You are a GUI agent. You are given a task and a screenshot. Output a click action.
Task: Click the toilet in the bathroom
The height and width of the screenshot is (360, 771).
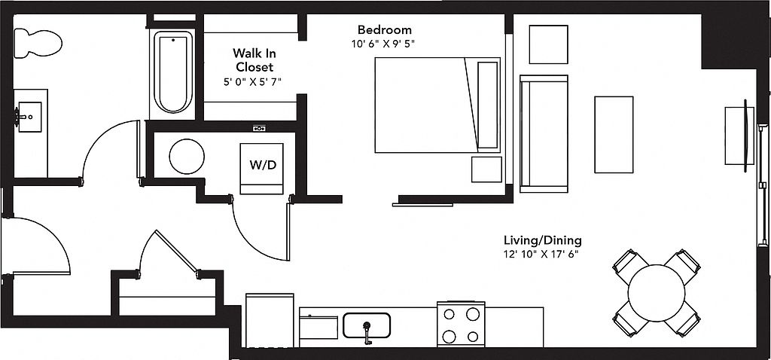click(x=38, y=43)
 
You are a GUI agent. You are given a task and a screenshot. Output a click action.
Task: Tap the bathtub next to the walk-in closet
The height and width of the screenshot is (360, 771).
click(x=173, y=72)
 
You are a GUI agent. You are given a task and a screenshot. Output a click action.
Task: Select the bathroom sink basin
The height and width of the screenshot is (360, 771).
click(x=30, y=117)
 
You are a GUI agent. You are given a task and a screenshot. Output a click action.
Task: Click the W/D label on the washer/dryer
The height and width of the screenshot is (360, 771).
click(x=263, y=165)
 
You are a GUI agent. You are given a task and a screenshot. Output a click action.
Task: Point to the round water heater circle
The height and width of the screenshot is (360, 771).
click(x=187, y=157)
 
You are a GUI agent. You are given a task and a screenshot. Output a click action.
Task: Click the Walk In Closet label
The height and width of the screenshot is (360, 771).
click(x=253, y=59)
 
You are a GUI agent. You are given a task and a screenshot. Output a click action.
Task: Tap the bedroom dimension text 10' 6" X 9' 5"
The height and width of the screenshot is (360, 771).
click(x=383, y=43)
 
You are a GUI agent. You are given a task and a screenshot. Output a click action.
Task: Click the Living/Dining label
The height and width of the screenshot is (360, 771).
click(x=542, y=240)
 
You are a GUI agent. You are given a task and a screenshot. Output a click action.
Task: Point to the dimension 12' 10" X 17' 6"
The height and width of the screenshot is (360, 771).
click(x=542, y=255)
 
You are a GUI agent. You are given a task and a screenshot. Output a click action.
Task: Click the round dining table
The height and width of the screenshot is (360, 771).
click(x=657, y=293)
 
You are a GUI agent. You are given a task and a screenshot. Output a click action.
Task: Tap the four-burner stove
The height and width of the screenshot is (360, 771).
click(x=461, y=325)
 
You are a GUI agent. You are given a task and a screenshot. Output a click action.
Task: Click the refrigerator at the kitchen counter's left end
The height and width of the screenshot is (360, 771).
click(x=270, y=321)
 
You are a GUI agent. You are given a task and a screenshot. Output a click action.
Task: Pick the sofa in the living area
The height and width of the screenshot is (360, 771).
click(x=544, y=134)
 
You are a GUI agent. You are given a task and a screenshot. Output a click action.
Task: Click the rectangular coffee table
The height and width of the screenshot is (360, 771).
click(x=614, y=135)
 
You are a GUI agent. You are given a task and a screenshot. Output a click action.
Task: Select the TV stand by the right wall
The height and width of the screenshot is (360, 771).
click(x=739, y=136)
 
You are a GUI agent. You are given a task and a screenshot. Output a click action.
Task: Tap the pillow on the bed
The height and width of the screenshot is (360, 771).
click(x=487, y=105)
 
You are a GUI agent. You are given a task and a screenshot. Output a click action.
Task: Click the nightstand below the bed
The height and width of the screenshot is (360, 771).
click(x=487, y=169)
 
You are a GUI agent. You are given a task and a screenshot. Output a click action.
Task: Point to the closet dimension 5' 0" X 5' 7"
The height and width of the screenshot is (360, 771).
click(x=253, y=82)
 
